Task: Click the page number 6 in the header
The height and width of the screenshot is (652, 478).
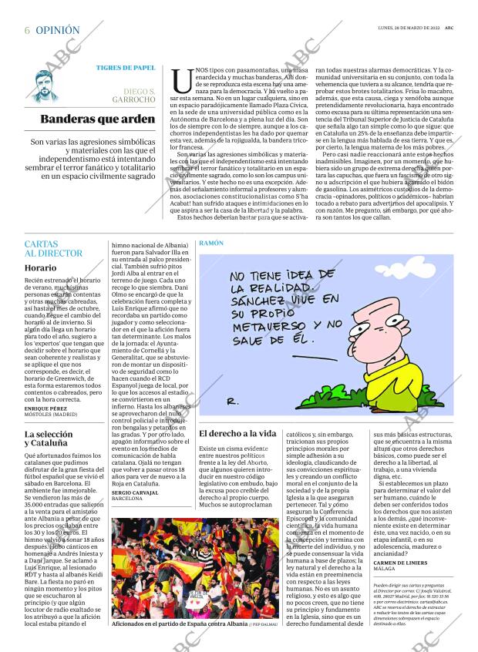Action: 27,30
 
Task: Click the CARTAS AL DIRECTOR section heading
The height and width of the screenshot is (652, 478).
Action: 52,248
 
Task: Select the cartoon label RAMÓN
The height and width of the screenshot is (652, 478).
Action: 211,243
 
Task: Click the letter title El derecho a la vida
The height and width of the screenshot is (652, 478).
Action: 237,434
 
